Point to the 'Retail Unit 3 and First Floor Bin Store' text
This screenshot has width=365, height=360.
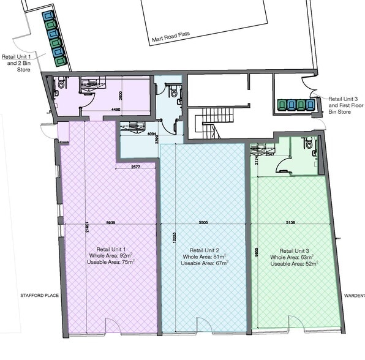click(x=345, y=105)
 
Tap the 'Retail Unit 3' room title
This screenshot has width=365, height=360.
click(x=295, y=251)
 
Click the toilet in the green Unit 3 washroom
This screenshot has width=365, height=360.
click(x=309, y=144)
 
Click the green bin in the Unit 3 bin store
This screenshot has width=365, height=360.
click(x=282, y=105)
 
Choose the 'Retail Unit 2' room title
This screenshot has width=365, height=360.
click(x=205, y=251)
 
